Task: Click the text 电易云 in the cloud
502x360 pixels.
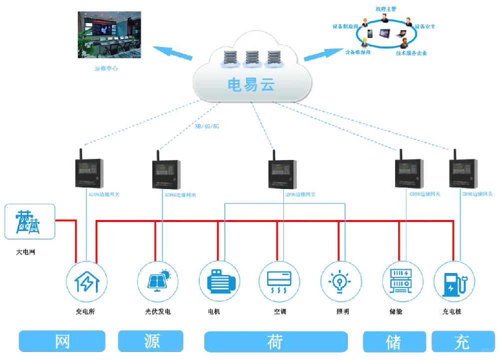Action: [x=251, y=84]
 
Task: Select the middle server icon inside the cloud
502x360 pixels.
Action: [x=251, y=58]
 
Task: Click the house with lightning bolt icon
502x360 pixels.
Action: [x=86, y=281]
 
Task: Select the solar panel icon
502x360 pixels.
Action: [x=157, y=281]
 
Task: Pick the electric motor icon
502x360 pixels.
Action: [x=219, y=281]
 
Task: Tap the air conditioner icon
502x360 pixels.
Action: [x=279, y=281]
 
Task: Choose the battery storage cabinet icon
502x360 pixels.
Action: [x=402, y=281]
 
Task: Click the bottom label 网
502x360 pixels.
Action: [x=62, y=341]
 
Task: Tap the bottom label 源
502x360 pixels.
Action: [x=150, y=341]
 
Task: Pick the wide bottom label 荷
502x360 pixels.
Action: [x=275, y=341]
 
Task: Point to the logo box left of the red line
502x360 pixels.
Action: [x=29, y=220]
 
